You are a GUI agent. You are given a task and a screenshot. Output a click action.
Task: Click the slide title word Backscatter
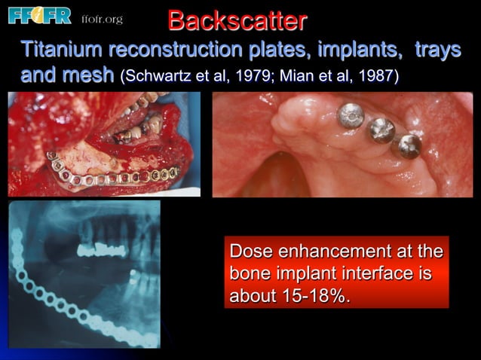click(x=237, y=20)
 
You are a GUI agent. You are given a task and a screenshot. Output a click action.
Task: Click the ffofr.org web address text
click(x=101, y=18)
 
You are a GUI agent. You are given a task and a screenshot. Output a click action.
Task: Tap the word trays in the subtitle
click(x=437, y=51)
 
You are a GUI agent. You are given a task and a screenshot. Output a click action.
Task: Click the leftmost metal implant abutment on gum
click(x=350, y=115)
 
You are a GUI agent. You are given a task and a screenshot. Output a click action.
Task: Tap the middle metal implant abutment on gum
click(x=381, y=130)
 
